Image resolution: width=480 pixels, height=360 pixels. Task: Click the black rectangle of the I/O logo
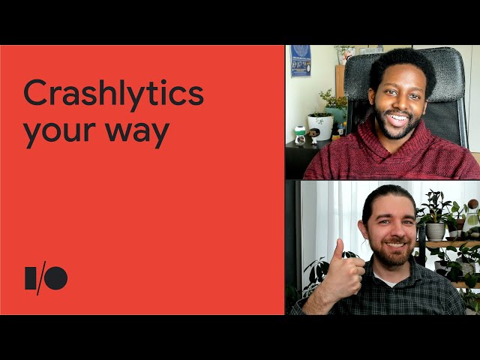31,278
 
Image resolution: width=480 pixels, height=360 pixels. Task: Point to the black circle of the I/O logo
56,278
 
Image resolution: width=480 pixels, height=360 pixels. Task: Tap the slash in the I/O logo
41,278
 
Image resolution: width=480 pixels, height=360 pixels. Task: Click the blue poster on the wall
300,61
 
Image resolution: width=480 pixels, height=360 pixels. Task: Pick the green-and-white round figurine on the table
300,135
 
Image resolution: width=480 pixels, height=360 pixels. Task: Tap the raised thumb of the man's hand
339,250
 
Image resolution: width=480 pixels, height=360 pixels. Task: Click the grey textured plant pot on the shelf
435,232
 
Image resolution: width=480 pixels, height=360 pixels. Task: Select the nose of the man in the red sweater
398,103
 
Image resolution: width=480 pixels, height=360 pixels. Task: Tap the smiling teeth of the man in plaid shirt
394,245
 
